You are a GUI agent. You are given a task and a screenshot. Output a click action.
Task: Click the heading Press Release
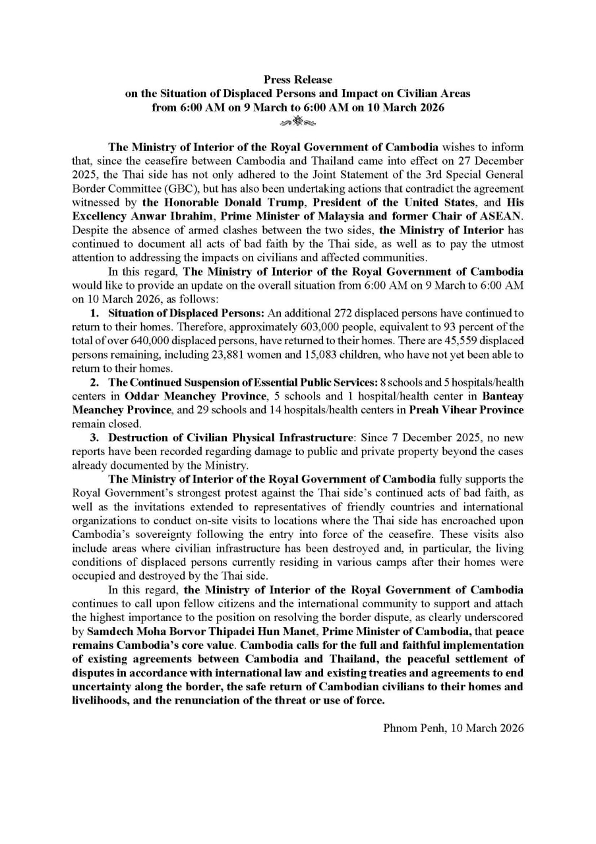click(x=298, y=80)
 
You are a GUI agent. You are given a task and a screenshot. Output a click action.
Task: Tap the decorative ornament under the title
click(x=298, y=121)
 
